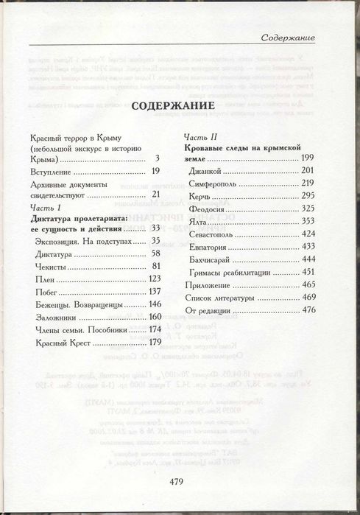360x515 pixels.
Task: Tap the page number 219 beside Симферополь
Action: [307, 183]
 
